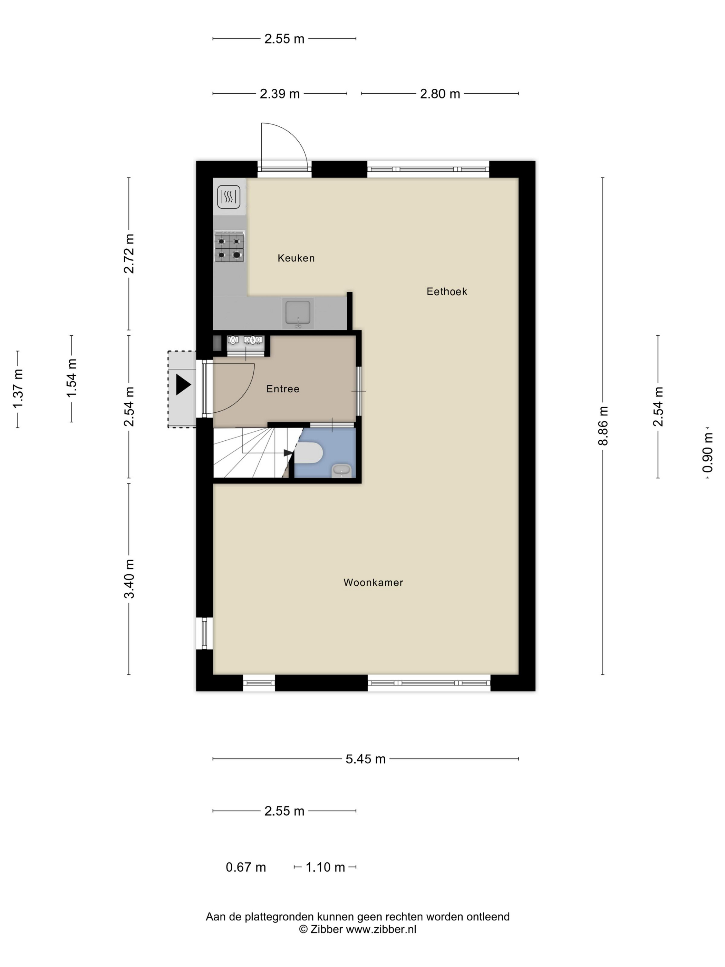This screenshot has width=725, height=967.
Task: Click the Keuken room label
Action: click(x=296, y=258)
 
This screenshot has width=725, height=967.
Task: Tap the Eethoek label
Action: click(x=447, y=291)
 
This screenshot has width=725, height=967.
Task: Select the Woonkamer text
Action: click(x=373, y=582)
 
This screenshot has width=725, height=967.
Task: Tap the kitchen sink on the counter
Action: click(x=298, y=313)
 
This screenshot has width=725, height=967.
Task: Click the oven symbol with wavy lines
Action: click(x=229, y=197)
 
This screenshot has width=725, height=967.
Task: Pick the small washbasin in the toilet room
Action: click(x=341, y=471)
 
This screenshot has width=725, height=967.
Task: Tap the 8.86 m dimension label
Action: click(x=603, y=426)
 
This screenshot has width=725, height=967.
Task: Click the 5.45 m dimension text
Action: click(x=365, y=759)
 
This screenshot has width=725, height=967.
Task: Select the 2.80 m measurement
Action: click(x=440, y=94)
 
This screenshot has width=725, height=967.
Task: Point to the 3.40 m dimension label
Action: click(x=129, y=579)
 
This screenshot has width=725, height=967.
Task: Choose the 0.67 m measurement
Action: click(x=245, y=867)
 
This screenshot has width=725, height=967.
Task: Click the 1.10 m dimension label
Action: click(x=325, y=867)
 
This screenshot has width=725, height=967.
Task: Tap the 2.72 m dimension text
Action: click(x=129, y=253)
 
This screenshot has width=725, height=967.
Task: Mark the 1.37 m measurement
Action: click(x=18, y=389)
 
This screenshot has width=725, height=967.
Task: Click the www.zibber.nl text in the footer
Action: click(x=381, y=929)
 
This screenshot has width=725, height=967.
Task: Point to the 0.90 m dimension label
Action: click(x=707, y=452)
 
